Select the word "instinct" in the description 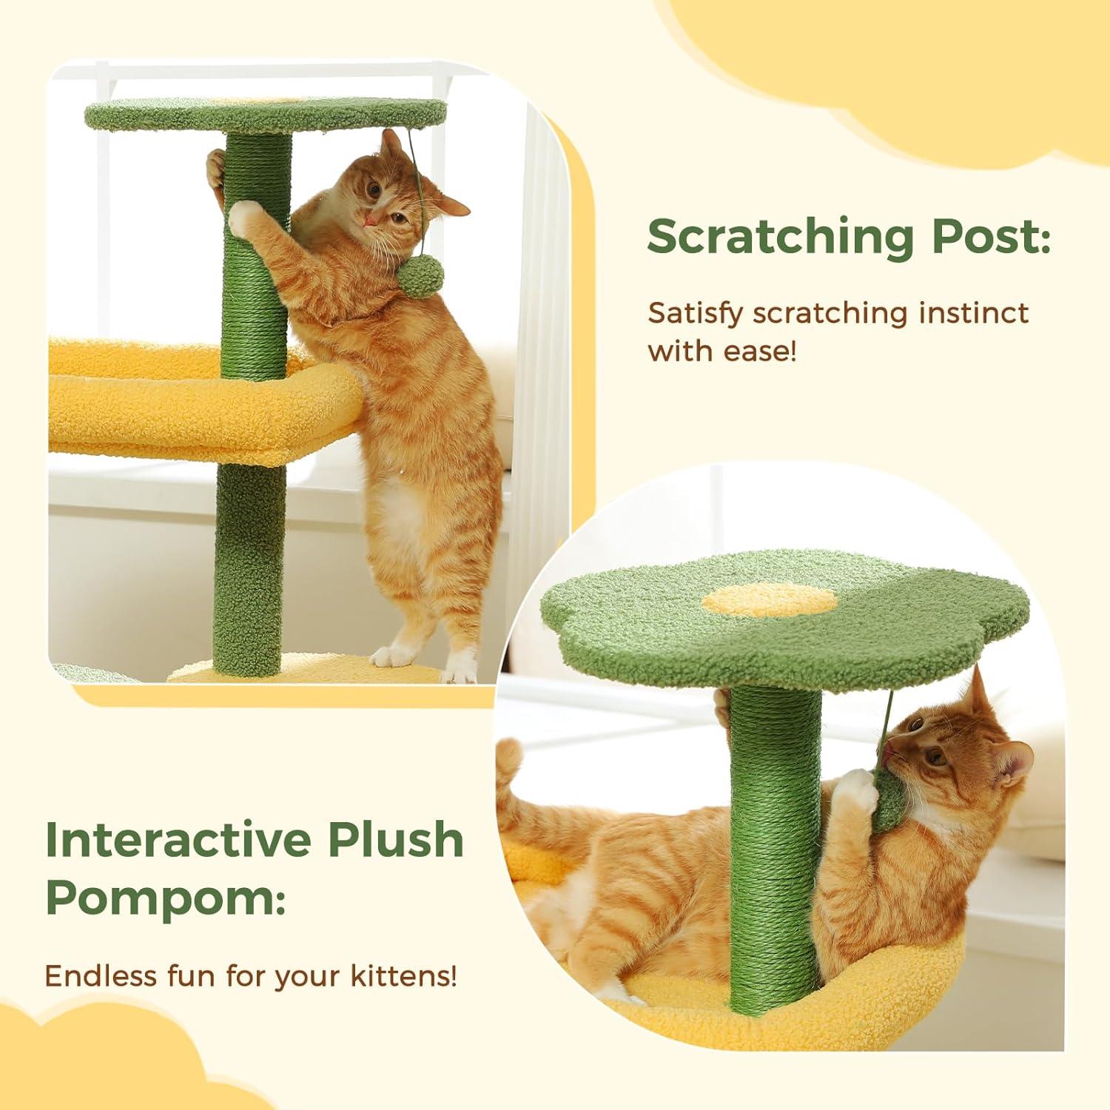tap(972, 313)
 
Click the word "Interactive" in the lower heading tap(176, 838)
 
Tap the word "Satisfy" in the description tap(695, 313)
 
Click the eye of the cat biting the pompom tap(937, 756)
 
